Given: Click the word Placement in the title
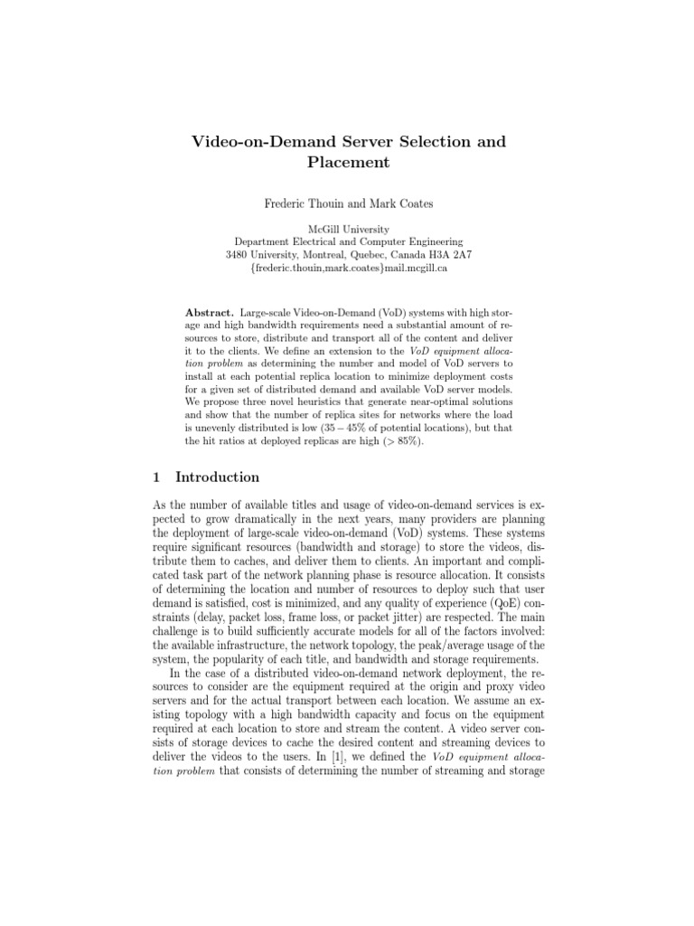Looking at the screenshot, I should (x=346, y=164).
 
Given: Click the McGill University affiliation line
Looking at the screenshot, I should (x=348, y=230).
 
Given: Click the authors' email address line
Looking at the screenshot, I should (x=348, y=269).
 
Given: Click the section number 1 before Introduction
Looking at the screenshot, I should (x=152, y=477).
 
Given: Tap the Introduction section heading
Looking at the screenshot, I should (x=217, y=477).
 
